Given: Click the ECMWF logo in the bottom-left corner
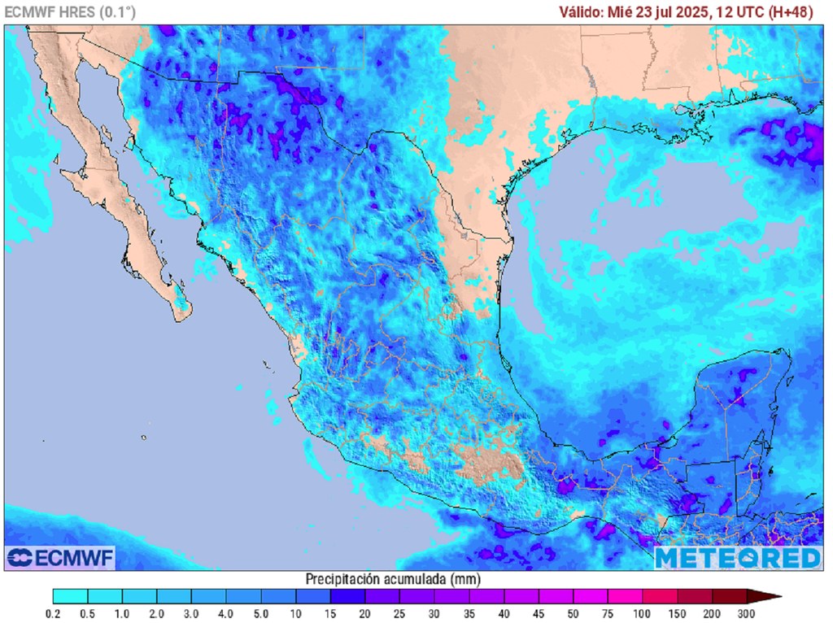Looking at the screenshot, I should (60, 558).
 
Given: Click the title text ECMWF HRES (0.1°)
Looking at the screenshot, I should (71, 12).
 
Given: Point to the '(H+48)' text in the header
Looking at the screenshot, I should (797, 12).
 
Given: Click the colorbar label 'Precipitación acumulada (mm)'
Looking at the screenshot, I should (393, 579).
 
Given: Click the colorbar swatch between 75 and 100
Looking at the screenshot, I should (625, 596).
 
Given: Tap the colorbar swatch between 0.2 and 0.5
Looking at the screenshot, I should (70, 596).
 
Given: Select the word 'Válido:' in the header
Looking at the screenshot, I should (582, 12).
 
